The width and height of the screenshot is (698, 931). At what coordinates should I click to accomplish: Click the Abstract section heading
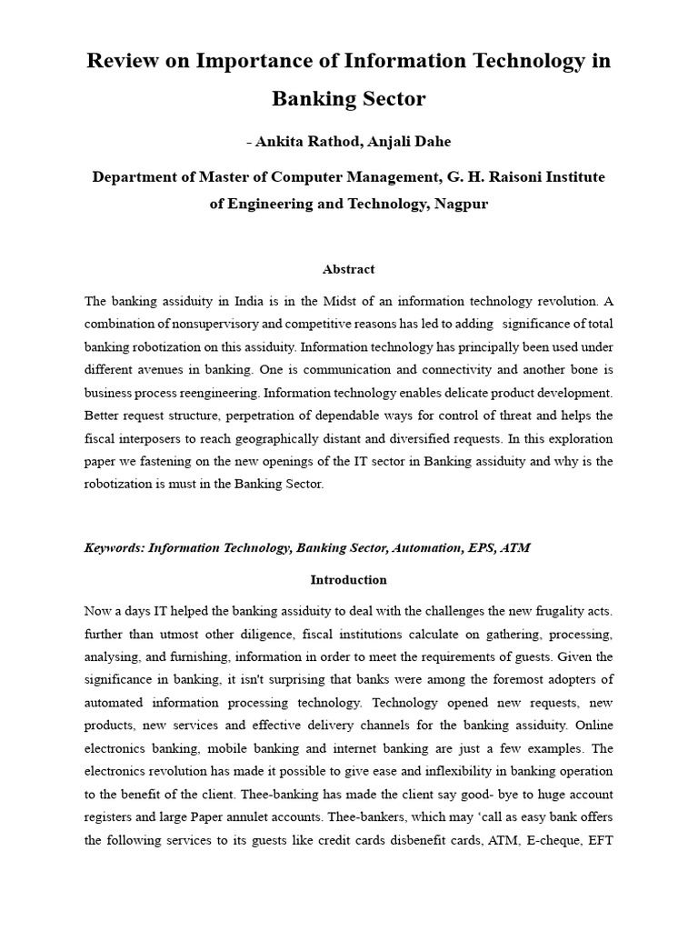tap(348, 269)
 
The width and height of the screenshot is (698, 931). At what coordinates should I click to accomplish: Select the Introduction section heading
tap(348, 579)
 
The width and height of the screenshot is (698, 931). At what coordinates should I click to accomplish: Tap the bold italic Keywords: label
tap(115, 547)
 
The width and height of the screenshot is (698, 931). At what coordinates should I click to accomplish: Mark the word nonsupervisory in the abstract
tap(208, 324)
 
